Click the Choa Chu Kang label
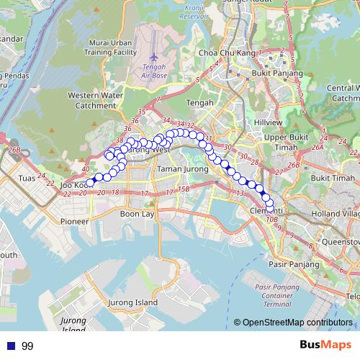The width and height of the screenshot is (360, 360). coord(217,53)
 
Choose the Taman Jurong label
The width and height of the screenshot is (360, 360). coord(178,169)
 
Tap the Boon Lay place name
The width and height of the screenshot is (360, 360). coord(138,214)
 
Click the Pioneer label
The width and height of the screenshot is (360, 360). coord(75,221)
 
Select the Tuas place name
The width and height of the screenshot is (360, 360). coord(27,178)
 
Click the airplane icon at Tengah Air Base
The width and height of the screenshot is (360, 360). coord(153,56)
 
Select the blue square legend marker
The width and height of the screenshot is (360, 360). coord(9,346)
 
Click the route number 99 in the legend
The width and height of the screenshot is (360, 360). coord(27,346)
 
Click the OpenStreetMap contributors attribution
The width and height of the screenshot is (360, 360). coord(297,322)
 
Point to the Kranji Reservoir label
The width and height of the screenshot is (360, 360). coord(193,12)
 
